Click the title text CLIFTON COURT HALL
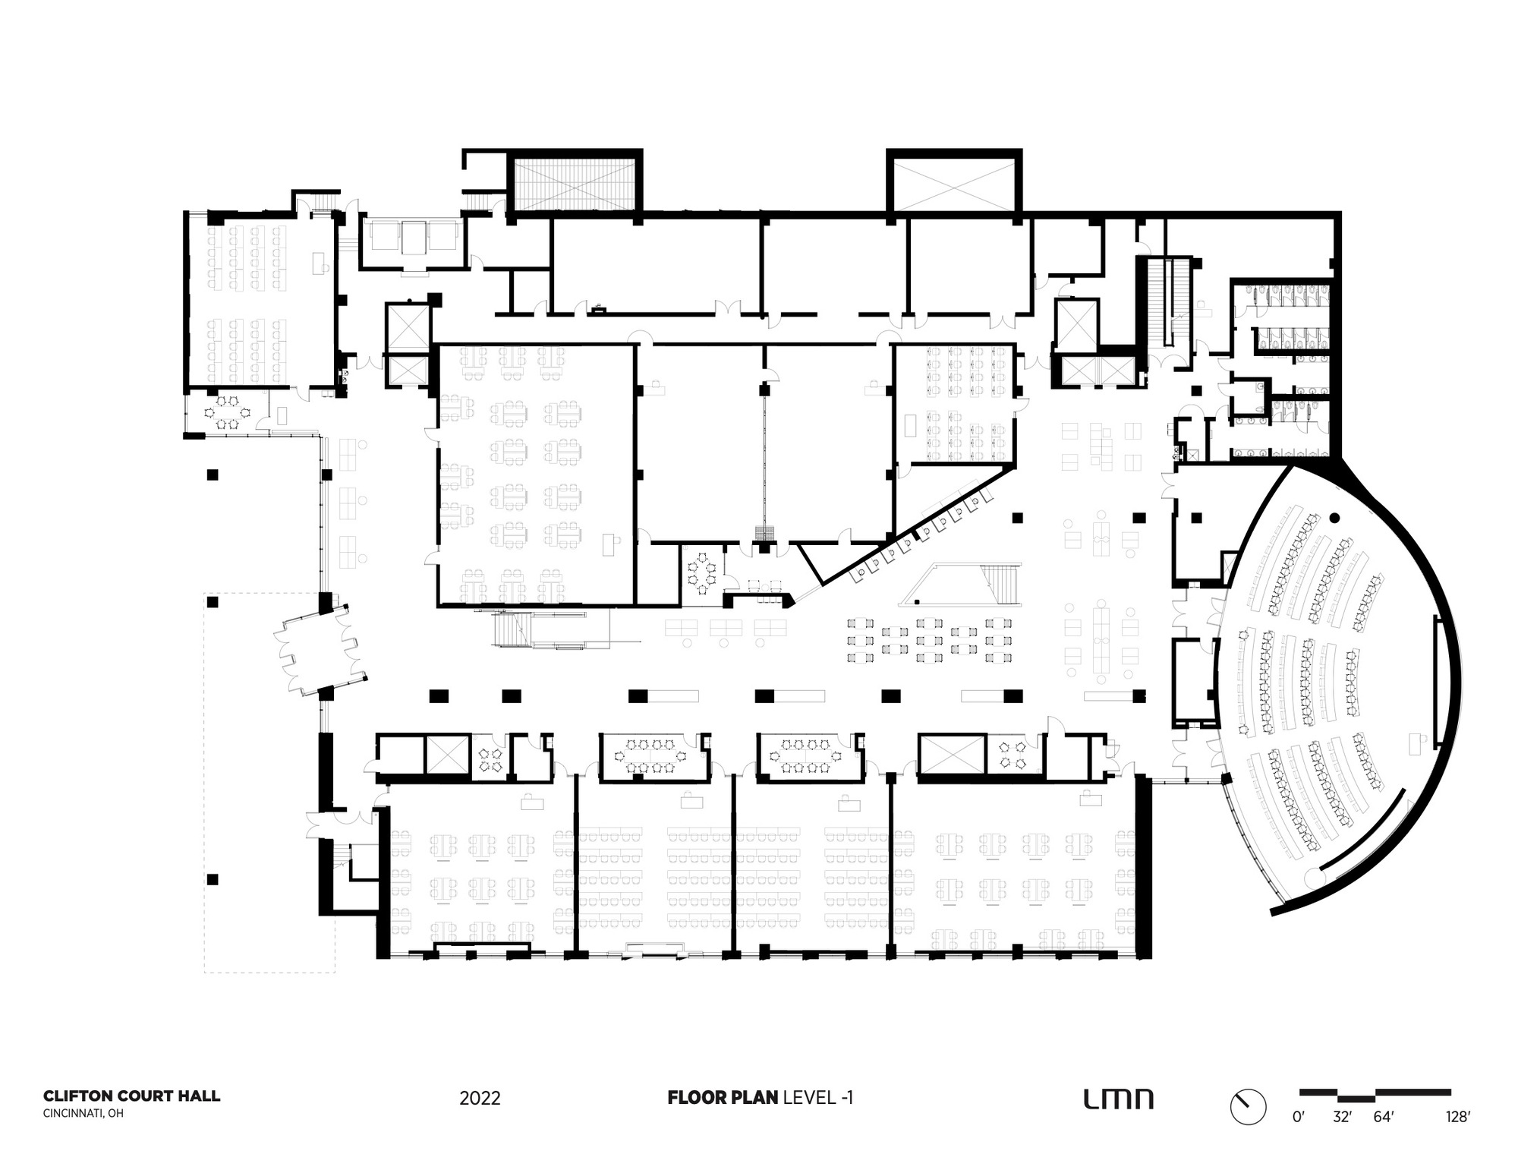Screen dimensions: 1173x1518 pyautogui.click(x=131, y=1096)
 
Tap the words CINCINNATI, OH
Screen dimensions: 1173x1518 pyautogui.click(x=83, y=1114)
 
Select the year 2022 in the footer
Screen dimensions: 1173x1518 pyautogui.click(x=480, y=1099)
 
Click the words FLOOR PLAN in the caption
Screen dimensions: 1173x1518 pyautogui.click(x=723, y=1097)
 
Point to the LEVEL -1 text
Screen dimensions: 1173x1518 pyautogui.click(x=818, y=1097)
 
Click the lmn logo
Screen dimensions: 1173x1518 pyautogui.click(x=1118, y=1099)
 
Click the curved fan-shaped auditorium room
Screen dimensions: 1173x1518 pyautogui.click(x=1336, y=683)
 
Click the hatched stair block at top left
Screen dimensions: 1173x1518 pyautogui.click(x=575, y=182)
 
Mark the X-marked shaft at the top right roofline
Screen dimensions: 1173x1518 pyautogui.click(x=954, y=182)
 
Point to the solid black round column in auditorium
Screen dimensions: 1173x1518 pyautogui.click(x=1335, y=518)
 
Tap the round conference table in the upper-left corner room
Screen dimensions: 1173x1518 pyautogui.click(x=227, y=412)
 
